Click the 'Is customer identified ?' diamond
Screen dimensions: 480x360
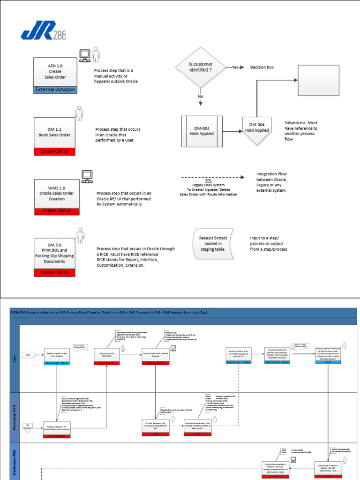(200, 67)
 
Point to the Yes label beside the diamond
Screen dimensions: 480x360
(235, 67)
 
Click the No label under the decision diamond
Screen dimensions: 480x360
(200, 96)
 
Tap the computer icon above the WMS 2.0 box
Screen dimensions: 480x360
(87, 176)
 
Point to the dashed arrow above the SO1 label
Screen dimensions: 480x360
(213, 178)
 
